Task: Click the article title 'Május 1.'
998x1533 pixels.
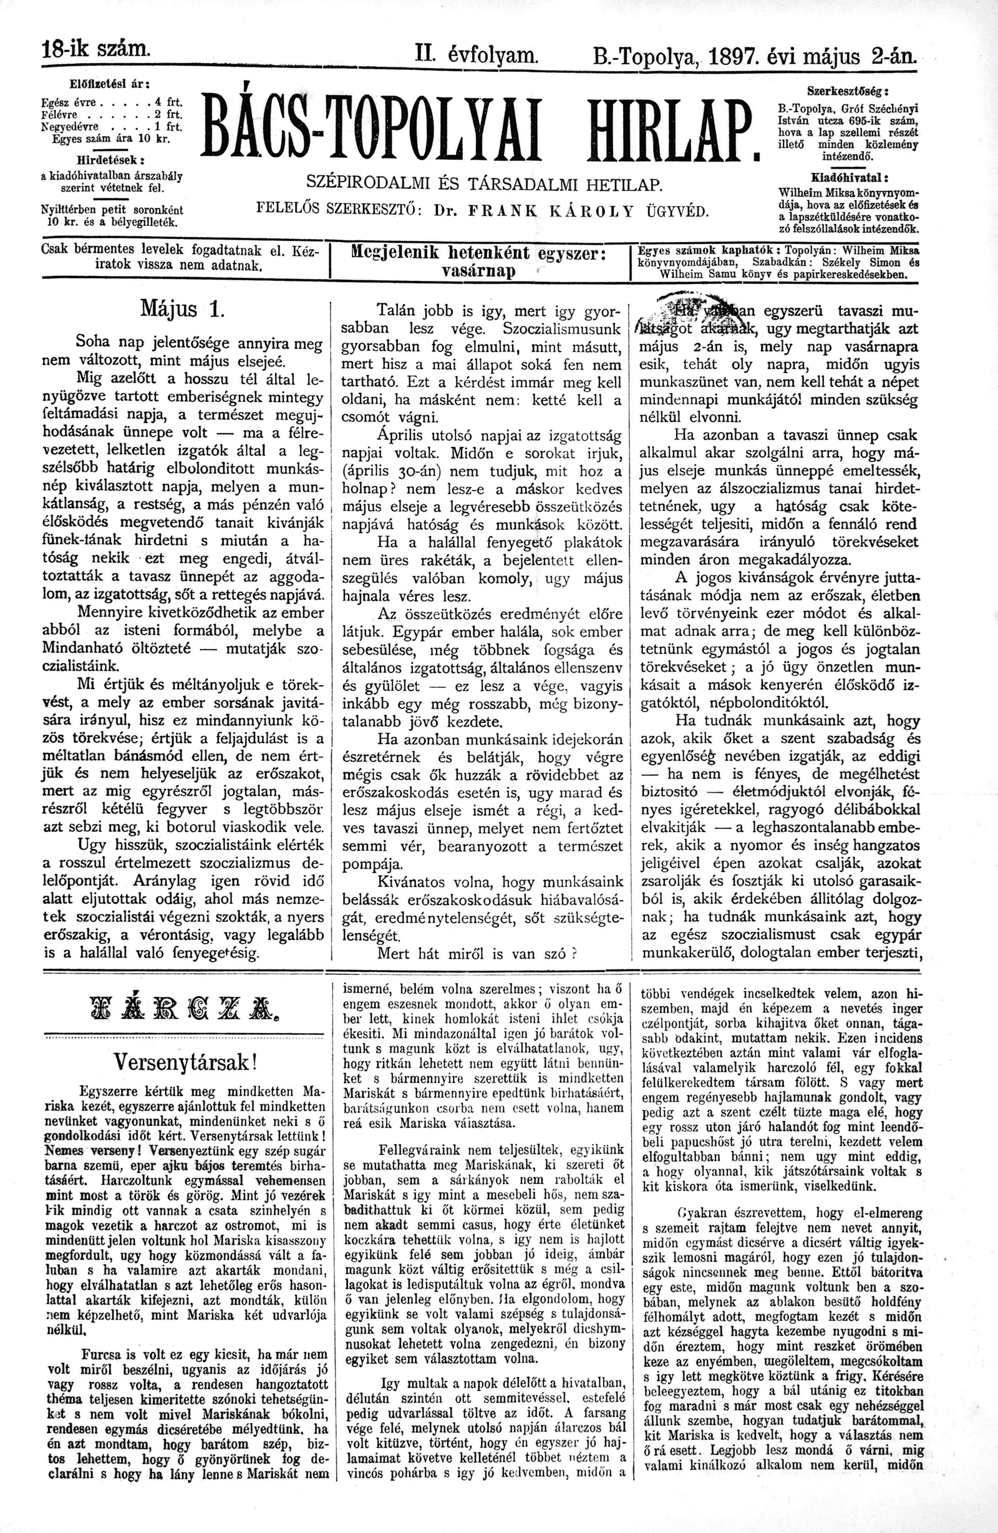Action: coord(182,310)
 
